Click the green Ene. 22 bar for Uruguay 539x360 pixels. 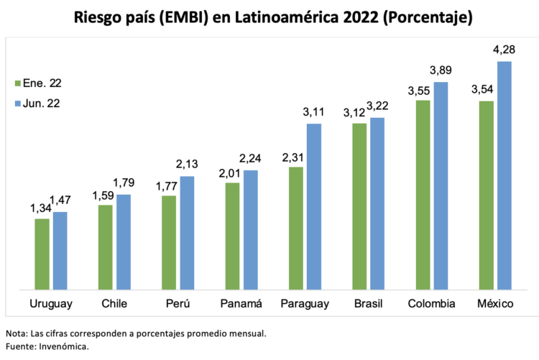[x=42, y=254]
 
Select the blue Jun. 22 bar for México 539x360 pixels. [x=504, y=176]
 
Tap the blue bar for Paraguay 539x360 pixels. [x=314, y=207]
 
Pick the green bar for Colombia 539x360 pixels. [x=423, y=195]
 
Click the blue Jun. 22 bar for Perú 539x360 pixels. [x=187, y=234]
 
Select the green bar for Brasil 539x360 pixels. [x=359, y=207]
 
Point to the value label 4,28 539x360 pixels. [x=503, y=50]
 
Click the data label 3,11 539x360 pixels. [x=313, y=113]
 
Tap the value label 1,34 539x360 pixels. [x=41, y=208]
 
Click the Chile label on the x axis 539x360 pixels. [x=114, y=304]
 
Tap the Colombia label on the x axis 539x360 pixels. [x=431, y=304]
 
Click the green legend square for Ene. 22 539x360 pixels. [x=19, y=83]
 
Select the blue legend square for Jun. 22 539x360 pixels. [x=19, y=103]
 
